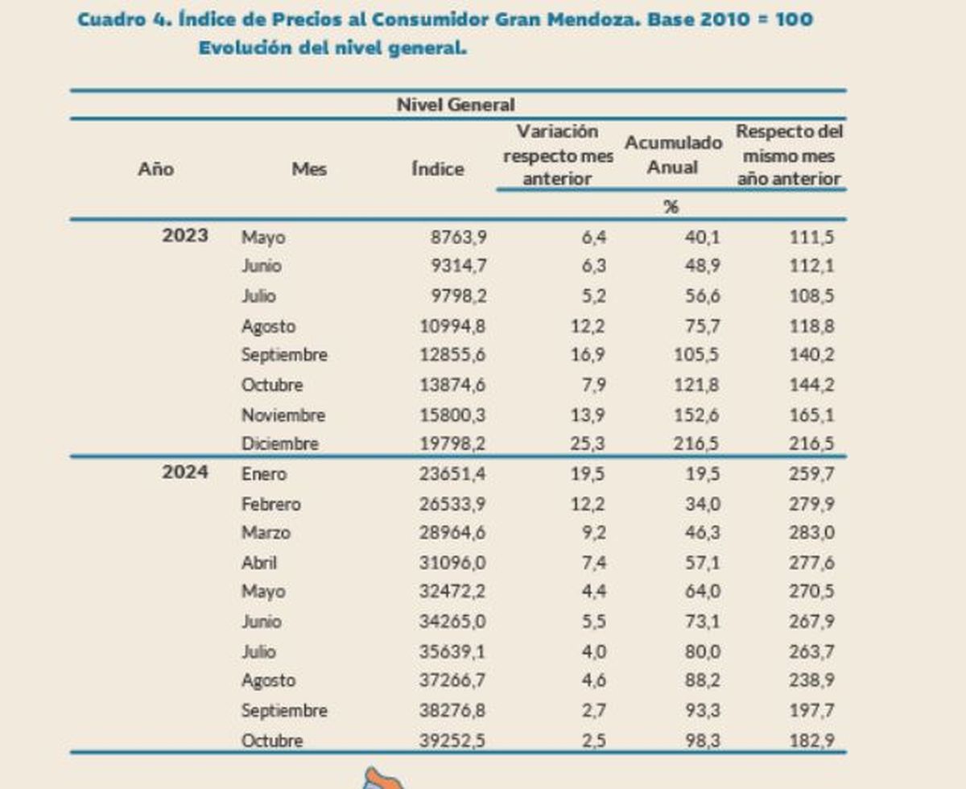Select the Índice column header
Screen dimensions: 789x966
tap(437, 169)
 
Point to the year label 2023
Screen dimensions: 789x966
tap(185, 236)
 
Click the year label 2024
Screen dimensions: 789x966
tap(185, 473)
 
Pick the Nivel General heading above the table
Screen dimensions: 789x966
tap(456, 105)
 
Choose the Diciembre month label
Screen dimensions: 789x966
tap(279, 444)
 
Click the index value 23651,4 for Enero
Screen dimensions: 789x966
tap(452, 474)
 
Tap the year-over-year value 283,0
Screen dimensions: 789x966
tap(812, 533)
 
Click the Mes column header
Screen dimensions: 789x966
tap(309, 169)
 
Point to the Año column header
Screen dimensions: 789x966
tap(155, 169)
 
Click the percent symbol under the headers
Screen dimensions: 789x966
tap(671, 207)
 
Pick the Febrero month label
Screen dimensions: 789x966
tap(270, 504)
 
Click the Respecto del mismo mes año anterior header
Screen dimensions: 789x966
tap(789, 155)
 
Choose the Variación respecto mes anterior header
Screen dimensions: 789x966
tap(557, 155)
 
